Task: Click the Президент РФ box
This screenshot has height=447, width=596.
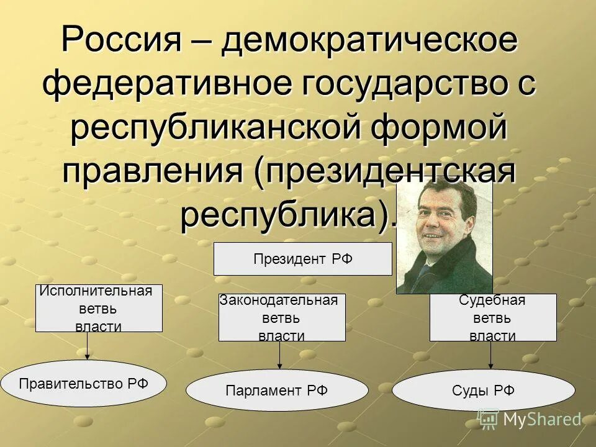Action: [x=302, y=259]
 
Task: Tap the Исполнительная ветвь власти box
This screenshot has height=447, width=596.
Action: [x=99, y=309]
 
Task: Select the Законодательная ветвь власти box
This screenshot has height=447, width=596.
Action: [x=282, y=318]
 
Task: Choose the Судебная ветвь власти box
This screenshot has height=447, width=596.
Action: [x=492, y=318]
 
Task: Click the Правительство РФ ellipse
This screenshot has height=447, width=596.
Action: [x=84, y=384]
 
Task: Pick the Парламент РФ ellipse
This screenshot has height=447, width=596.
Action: [x=277, y=391]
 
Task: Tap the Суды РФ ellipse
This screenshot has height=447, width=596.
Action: [x=484, y=391]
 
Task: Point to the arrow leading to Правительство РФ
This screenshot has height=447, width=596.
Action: [x=88, y=346]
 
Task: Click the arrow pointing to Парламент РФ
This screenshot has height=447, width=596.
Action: [x=280, y=355]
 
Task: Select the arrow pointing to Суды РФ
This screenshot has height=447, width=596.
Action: [x=491, y=355]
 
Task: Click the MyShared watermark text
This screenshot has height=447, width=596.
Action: [x=541, y=420]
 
